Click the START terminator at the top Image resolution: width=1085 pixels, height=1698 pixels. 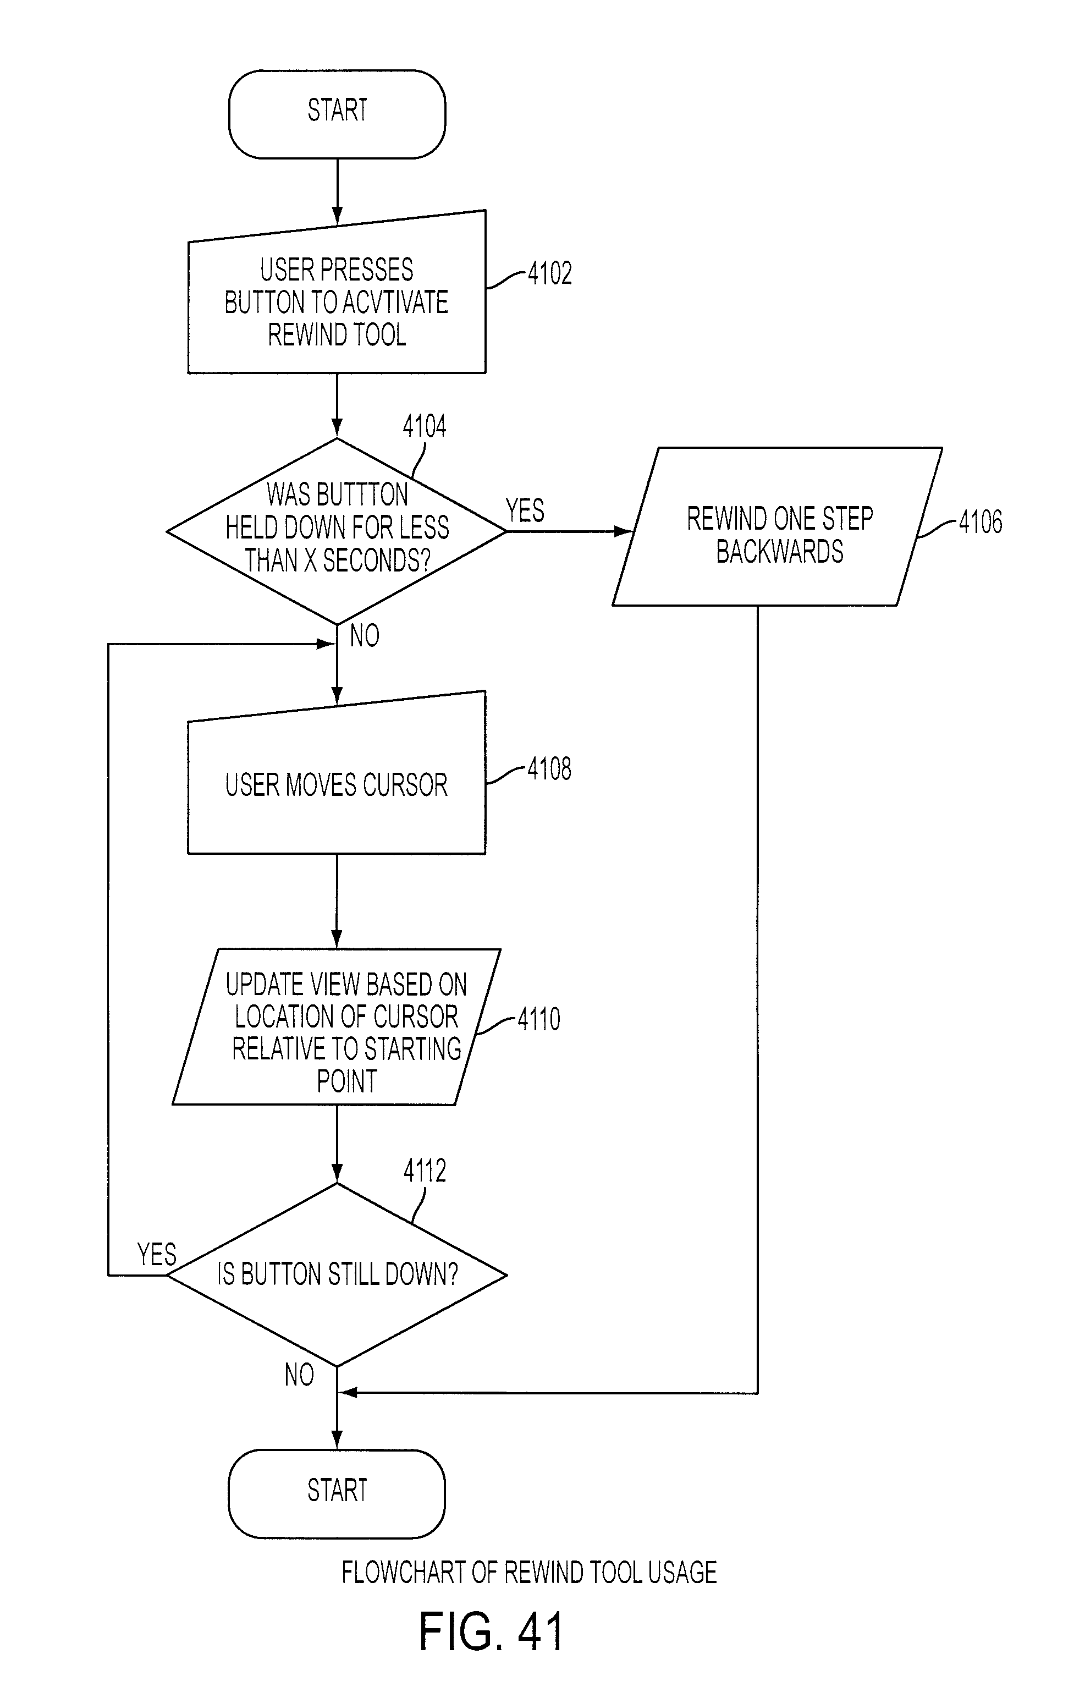click(x=337, y=113)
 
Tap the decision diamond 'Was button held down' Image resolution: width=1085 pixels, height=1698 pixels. click(x=337, y=531)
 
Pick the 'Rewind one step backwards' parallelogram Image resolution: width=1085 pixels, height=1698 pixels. click(x=777, y=526)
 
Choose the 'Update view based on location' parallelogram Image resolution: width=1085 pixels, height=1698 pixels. click(x=337, y=1027)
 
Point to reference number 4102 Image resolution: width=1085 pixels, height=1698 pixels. click(x=549, y=273)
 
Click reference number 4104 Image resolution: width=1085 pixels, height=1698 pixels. click(x=425, y=427)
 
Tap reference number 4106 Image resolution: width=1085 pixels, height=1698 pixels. click(x=980, y=523)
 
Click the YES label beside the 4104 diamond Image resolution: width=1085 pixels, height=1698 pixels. click(x=525, y=510)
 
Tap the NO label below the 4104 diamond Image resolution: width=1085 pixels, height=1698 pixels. click(x=365, y=636)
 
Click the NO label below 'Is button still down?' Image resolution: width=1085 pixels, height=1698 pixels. click(x=299, y=1375)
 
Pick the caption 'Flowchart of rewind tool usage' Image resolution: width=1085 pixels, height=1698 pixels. click(x=530, y=1573)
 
